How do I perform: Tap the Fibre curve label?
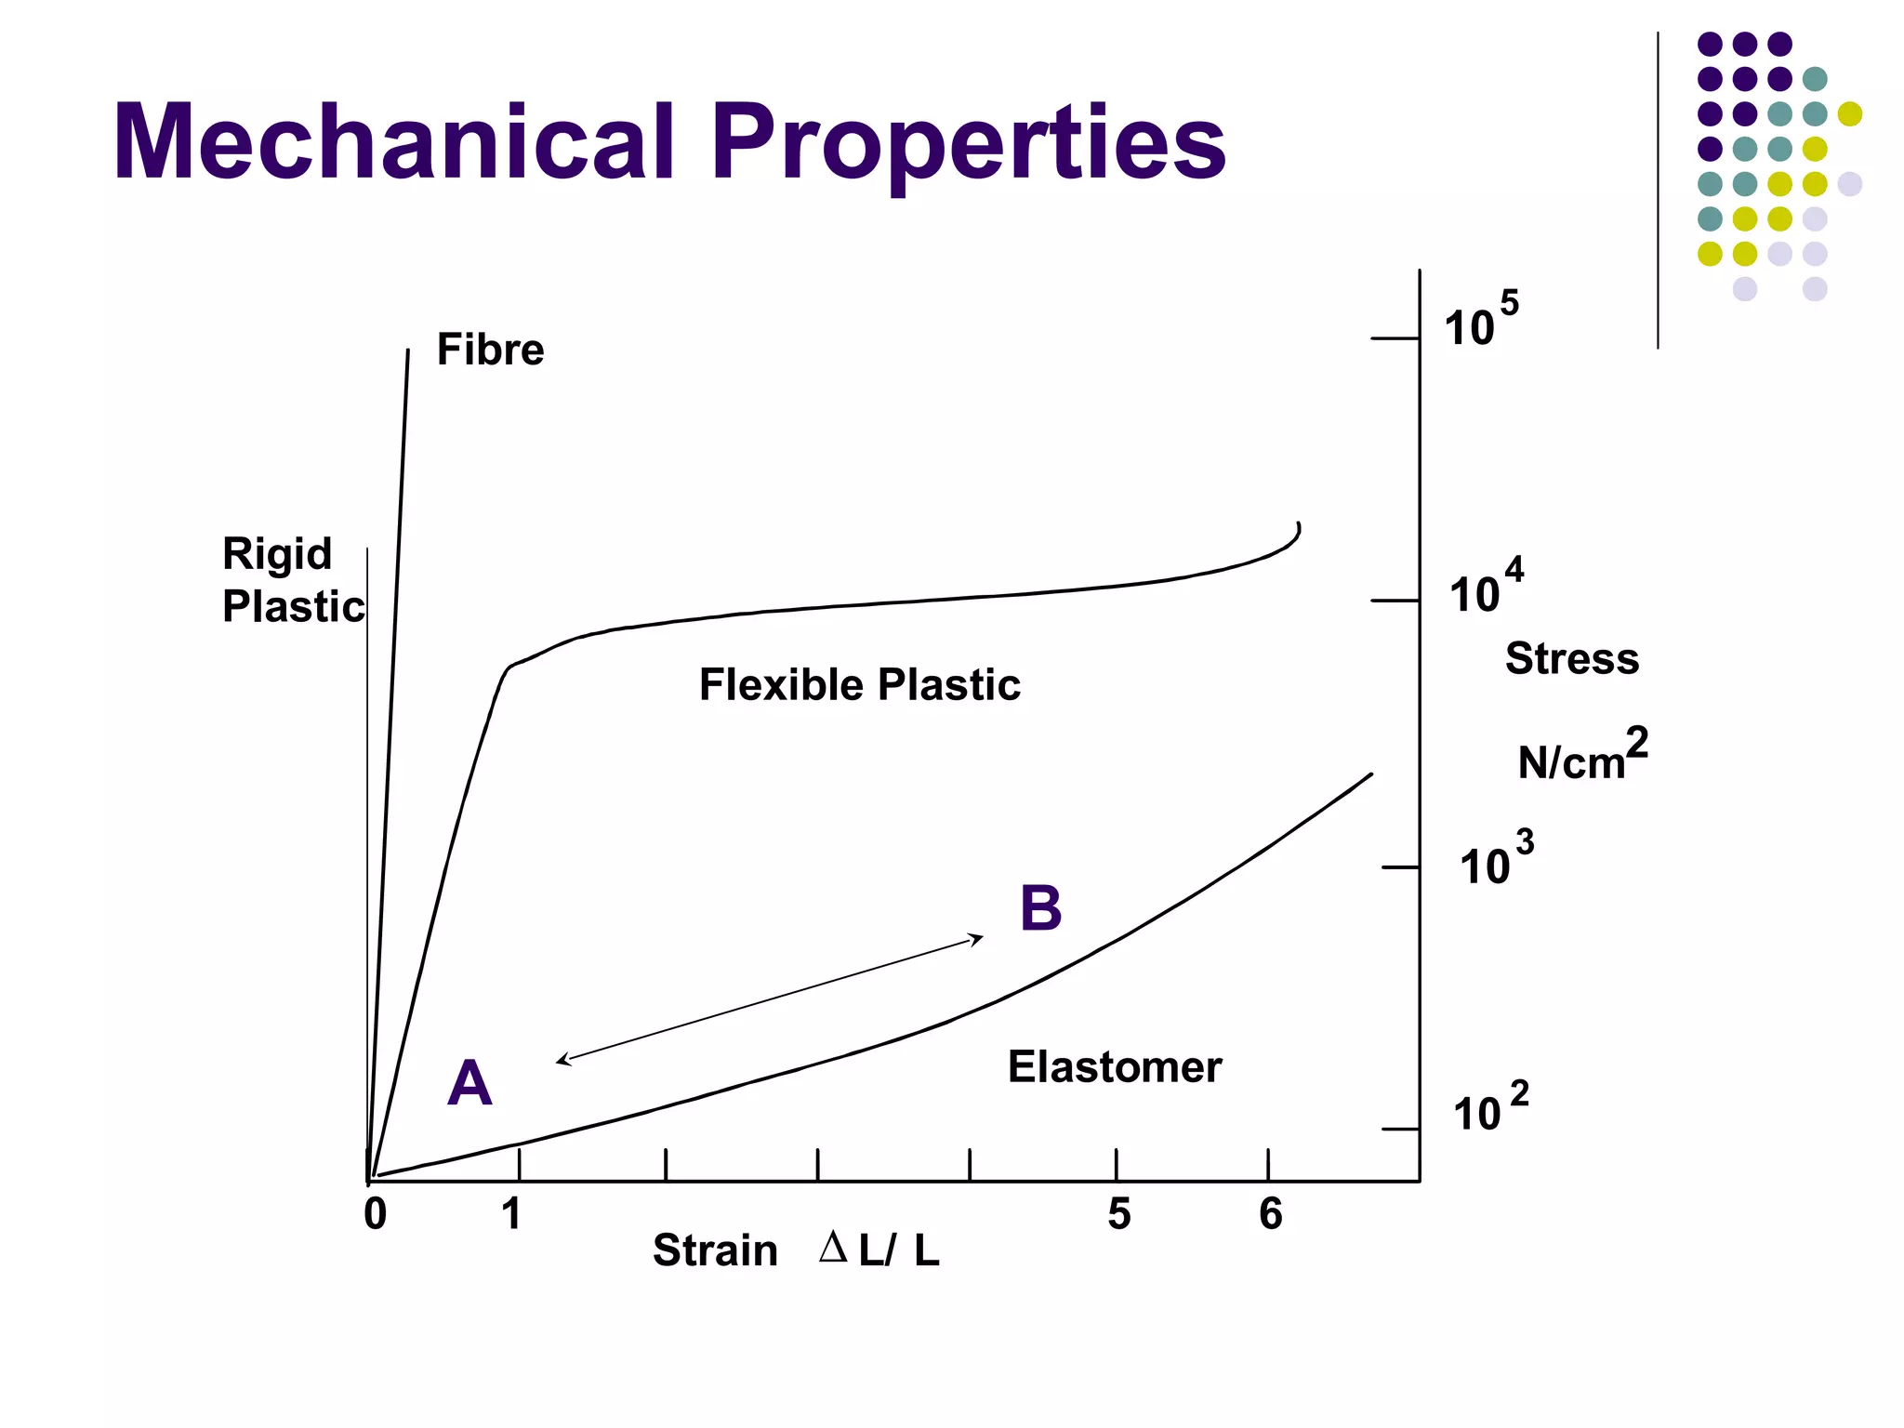coord(490,350)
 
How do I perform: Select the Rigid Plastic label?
coord(292,580)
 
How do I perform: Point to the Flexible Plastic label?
coord(859,685)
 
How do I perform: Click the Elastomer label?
coord(1114,1067)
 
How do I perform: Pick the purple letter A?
coord(469,1084)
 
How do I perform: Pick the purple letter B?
coord(1040,908)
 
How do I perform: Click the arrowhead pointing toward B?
coord(978,938)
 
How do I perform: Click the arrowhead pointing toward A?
coord(562,1060)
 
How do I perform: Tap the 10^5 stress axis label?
coord(1480,321)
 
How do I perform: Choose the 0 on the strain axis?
coord(376,1214)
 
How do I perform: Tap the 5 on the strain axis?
coord(1119,1214)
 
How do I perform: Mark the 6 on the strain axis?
coord(1271,1214)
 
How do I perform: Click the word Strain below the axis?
coord(715,1251)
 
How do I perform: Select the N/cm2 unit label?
coord(1582,755)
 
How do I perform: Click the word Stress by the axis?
coord(1572,659)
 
